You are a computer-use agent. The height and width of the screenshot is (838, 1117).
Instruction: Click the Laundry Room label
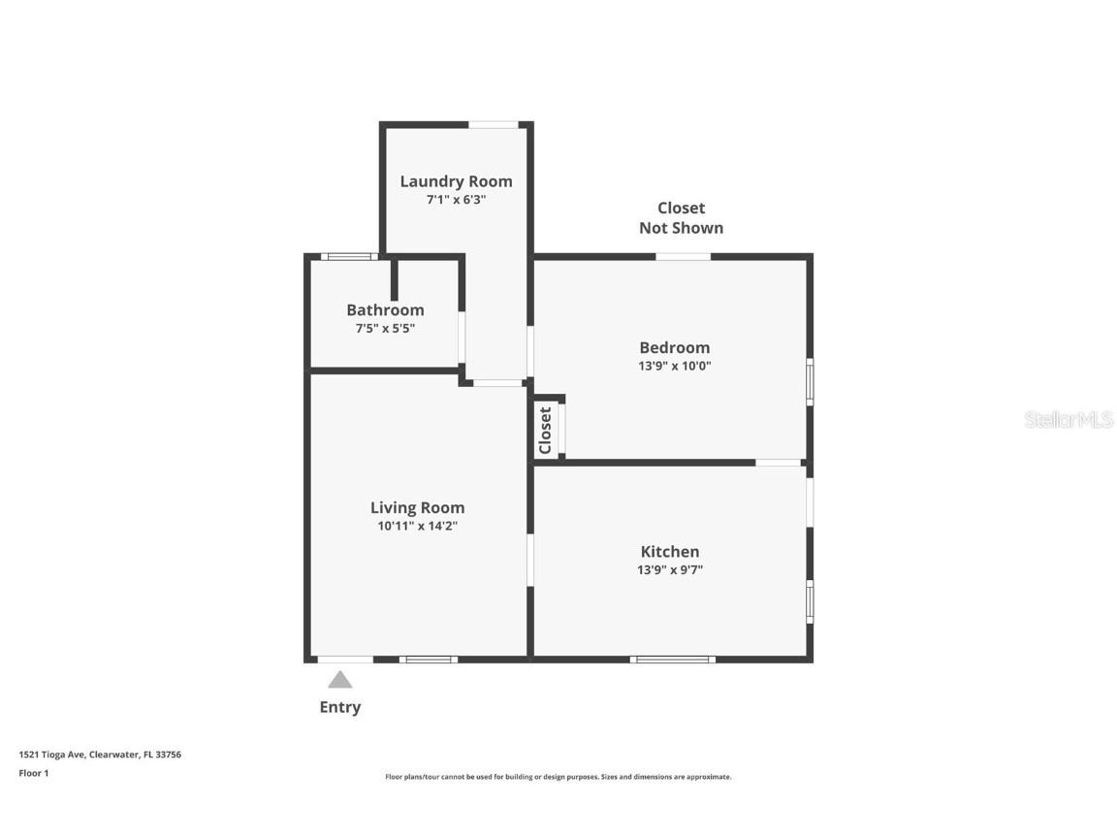coord(456,181)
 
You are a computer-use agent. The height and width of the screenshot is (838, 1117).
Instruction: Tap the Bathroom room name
coord(385,310)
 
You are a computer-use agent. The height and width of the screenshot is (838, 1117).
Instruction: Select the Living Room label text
coord(418,508)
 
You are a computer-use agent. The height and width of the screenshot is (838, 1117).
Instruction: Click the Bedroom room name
coord(675,348)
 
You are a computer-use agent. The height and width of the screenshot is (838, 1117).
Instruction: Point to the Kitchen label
coord(670,552)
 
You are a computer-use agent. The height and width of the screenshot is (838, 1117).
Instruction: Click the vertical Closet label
coord(546,431)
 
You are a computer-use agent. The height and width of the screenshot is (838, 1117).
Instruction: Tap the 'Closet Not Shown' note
coord(681,218)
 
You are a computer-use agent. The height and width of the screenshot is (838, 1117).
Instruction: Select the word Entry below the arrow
coord(339,707)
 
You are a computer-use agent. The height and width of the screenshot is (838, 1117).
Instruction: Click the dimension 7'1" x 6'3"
coord(456,200)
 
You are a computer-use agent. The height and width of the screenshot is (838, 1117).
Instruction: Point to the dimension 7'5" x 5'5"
coord(385,329)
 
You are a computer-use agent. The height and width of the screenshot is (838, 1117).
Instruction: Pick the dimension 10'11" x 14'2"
coord(418,526)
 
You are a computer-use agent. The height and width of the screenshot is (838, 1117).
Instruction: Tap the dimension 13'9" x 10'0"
coord(675,367)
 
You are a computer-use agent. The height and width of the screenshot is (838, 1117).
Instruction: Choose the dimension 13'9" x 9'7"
coord(670,569)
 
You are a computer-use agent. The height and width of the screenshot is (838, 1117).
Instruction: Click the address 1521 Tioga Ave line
coord(100,754)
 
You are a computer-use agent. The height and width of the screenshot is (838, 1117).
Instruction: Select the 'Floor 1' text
coord(34,773)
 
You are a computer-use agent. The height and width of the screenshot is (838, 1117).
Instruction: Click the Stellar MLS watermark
coord(1069,420)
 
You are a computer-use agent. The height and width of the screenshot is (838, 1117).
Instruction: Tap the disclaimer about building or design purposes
coord(558,777)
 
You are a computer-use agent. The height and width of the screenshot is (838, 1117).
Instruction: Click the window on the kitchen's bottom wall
coord(673,660)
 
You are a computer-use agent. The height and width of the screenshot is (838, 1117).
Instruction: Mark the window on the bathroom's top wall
coord(349,256)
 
